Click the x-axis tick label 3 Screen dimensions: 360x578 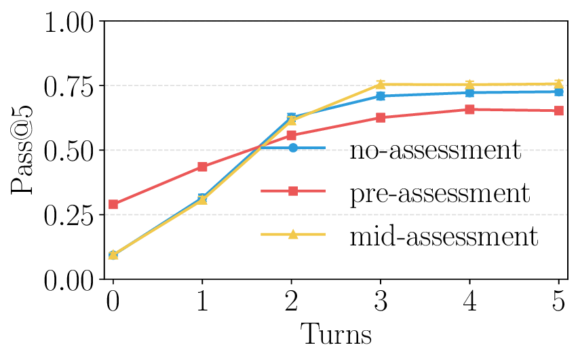(381, 300)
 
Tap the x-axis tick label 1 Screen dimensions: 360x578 (202, 300)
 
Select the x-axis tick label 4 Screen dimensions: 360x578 (469, 300)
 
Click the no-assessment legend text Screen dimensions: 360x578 (435, 149)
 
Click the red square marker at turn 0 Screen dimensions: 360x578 (113, 204)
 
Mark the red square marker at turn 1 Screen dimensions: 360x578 (202, 167)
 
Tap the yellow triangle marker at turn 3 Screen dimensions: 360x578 (381, 84)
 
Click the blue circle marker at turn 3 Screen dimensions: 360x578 (381, 96)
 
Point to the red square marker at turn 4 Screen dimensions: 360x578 (469, 109)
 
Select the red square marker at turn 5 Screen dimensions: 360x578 (558, 111)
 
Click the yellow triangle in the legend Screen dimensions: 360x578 (293, 235)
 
